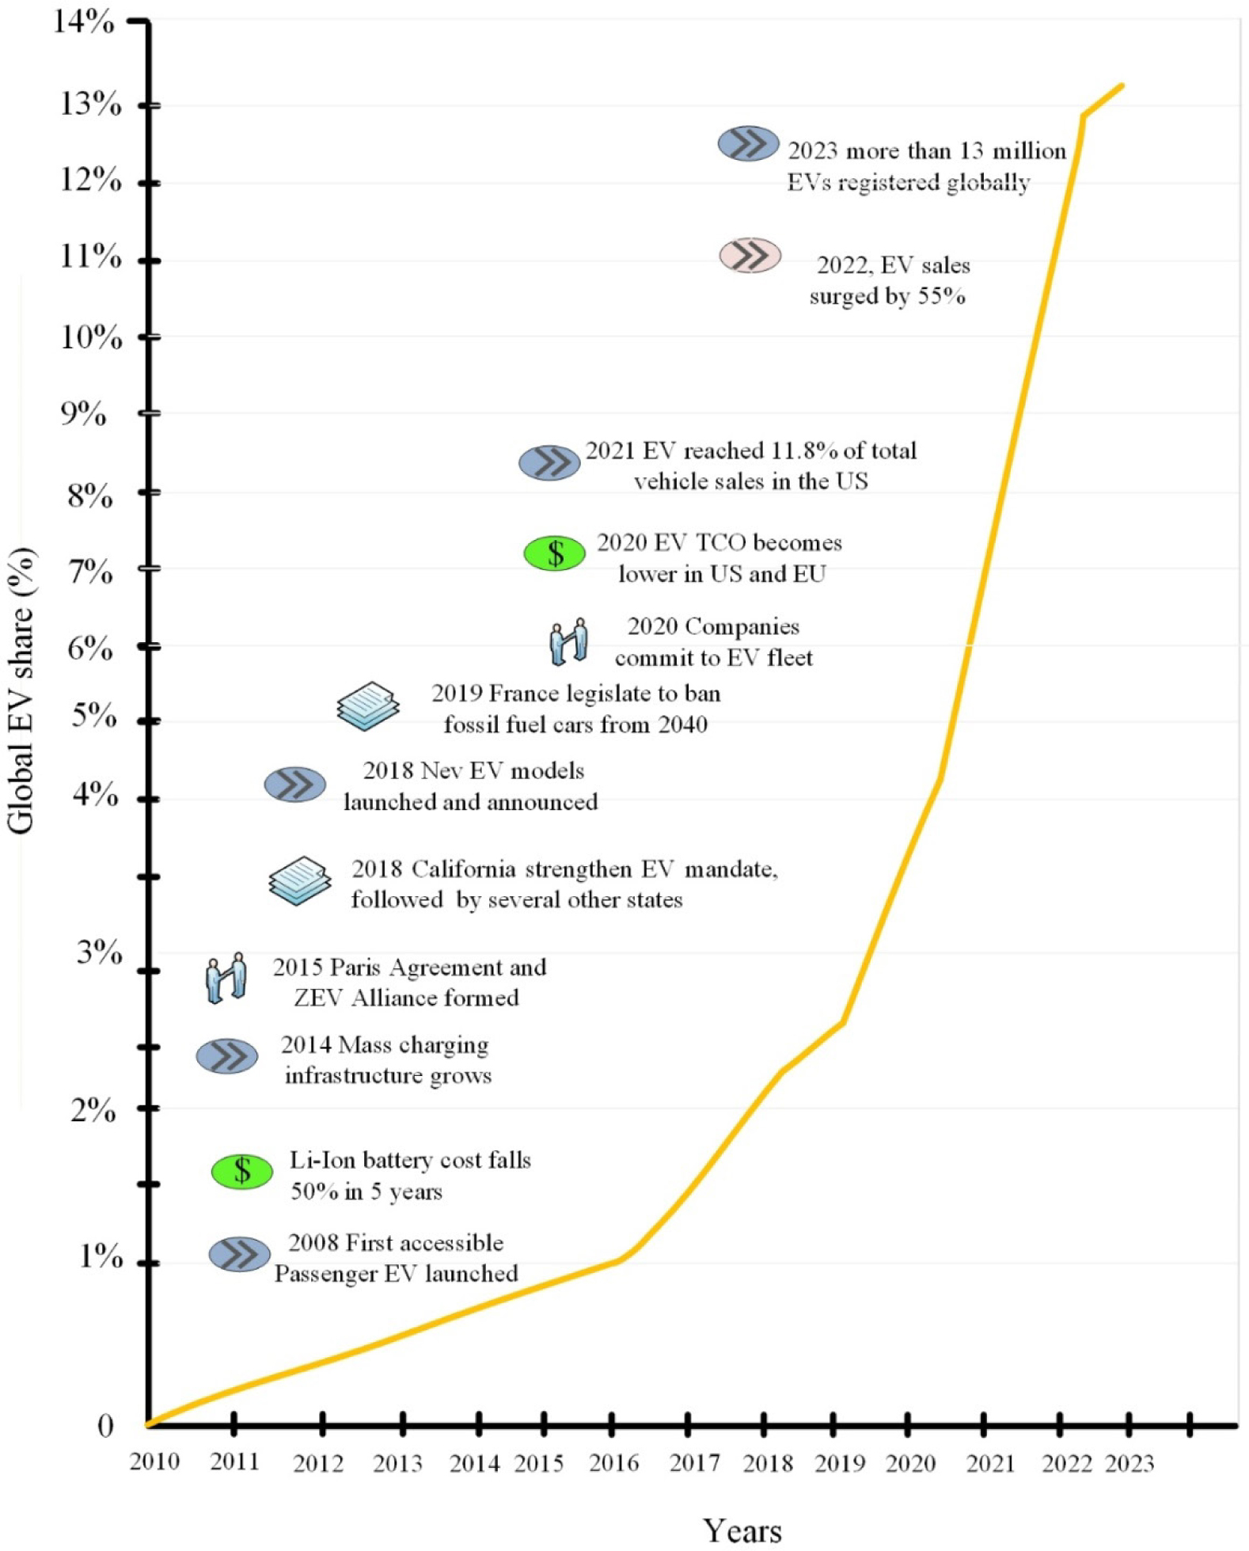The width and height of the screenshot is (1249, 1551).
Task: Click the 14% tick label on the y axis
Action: [83, 21]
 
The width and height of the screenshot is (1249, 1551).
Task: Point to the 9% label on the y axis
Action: [83, 413]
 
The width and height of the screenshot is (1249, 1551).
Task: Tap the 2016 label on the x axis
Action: [613, 1463]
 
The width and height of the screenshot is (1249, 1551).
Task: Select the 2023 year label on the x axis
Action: [1129, 1463]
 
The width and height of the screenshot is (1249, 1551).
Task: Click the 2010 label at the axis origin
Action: [154, 1462]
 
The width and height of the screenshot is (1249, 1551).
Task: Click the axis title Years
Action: [742, 1530]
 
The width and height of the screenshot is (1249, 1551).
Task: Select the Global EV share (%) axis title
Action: [21, 690]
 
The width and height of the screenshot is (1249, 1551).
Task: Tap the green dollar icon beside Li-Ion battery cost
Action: [242, 1171]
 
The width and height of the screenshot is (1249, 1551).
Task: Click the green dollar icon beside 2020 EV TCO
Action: [555, 553]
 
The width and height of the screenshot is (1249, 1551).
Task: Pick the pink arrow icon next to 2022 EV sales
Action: [750, 255]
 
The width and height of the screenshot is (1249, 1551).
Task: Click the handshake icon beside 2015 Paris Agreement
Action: [226, 979]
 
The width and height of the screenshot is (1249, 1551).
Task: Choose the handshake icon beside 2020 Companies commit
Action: [569, 641]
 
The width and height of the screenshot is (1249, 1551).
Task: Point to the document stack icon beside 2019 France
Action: [367, 705]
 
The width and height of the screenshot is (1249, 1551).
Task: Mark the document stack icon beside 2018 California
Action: [299, 880]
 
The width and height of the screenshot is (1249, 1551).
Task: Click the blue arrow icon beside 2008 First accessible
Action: [239, 1254]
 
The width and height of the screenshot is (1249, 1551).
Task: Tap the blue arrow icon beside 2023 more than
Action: [748, 143]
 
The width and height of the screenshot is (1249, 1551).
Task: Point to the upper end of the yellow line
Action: [1121, 86]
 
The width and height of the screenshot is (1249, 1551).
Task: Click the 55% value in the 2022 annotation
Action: [941, 296]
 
